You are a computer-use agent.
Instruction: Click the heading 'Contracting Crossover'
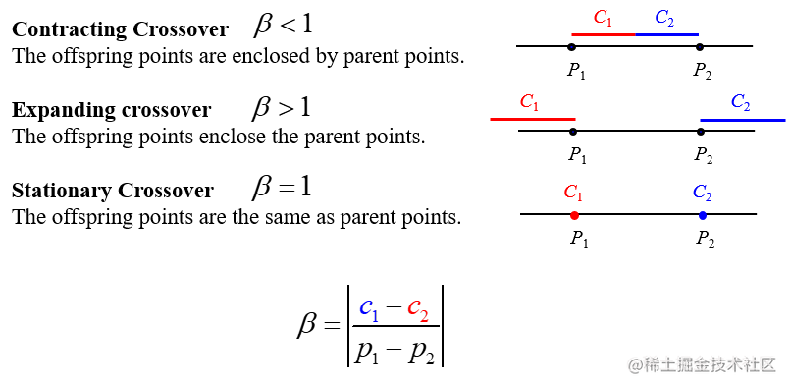[120, 29]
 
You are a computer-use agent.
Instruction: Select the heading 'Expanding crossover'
[111, 109]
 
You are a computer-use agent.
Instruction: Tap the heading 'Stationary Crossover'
[112, 189]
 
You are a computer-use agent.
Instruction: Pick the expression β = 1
[282, 186]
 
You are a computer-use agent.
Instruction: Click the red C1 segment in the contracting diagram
[603, 34]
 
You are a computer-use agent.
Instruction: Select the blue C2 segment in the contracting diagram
[666, 34]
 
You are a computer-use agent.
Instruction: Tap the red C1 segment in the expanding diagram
[532, 119]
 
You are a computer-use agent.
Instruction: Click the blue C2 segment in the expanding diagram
[743, 120]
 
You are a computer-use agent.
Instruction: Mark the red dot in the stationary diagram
[574, 215]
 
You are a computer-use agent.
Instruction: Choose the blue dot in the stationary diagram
[702, 215]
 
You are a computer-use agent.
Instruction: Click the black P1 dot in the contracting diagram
[571, 46]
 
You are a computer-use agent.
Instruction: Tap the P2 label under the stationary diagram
[704, 238]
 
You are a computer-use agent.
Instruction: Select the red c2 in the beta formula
[418, 310]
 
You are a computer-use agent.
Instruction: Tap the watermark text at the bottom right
[702, 365]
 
